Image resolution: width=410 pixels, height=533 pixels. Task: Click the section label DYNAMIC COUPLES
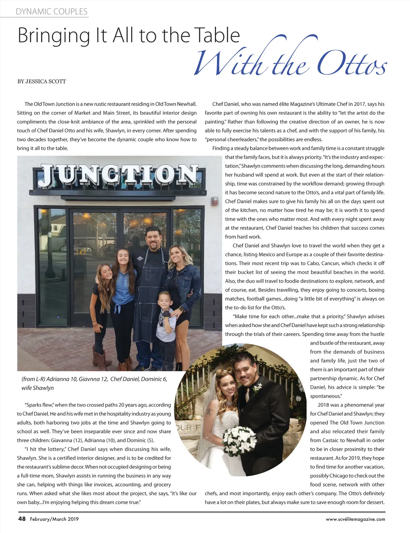pos(52,11)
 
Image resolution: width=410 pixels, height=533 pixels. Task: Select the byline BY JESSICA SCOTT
pos(41,81)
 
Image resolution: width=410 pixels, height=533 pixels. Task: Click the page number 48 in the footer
pos(22,519)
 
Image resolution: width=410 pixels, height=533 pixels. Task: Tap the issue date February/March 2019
pos(54,519)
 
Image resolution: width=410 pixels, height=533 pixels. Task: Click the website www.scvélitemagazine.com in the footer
pos(355,519)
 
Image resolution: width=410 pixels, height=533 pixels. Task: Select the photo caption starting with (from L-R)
pos(94,383)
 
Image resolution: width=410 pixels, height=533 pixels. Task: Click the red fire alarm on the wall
pos(215,200)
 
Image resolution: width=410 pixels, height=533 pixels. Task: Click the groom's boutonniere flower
pos(257,388)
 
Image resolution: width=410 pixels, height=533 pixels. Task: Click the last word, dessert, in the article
pos(375,502)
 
